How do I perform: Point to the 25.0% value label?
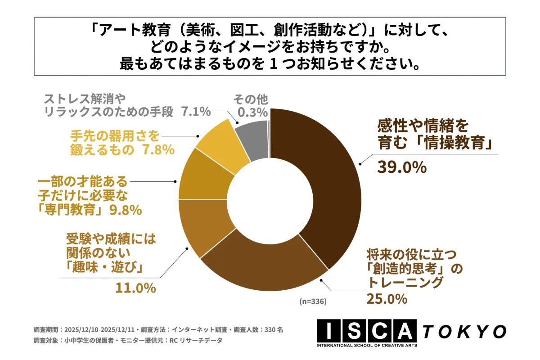pos(387,298)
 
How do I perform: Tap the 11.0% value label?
pos(135,287)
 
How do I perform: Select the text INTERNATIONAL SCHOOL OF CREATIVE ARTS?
pos(367,345)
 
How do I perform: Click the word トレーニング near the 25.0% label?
pos(405,283)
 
